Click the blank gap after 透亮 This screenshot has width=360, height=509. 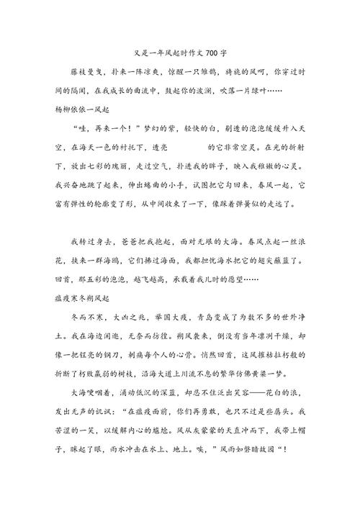(186, 147)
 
